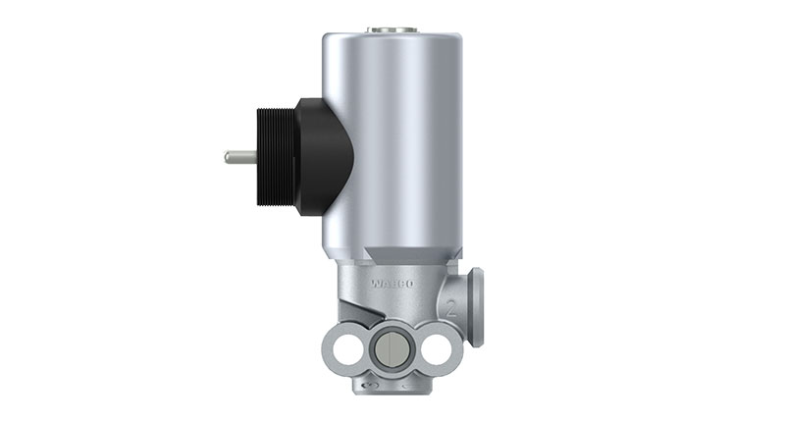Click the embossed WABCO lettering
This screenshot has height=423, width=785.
click(x=393, y=284)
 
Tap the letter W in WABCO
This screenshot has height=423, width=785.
click(x=377, y=284)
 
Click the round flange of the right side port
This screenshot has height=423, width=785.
click(x=476, y=305)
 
